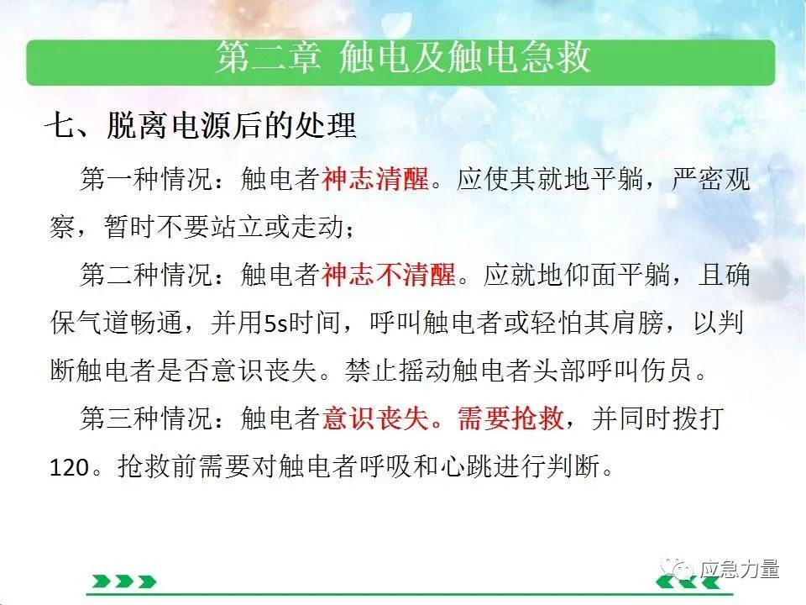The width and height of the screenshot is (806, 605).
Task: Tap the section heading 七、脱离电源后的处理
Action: [201, 125]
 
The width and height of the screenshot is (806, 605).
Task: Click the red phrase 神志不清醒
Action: [389, 274]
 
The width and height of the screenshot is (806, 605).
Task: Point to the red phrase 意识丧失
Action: [375, 418]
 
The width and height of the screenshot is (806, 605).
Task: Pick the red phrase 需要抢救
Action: [510, 418]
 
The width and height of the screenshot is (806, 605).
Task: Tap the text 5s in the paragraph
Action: [276, 323]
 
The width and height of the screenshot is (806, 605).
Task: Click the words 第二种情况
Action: [146, 274]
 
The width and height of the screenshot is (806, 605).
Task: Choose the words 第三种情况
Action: [146, 418]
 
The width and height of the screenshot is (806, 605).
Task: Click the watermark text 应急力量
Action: [739, 570]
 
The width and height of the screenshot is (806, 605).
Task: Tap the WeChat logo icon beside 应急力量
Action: [678, 569]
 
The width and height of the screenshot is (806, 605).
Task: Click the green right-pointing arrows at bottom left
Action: [124, 581]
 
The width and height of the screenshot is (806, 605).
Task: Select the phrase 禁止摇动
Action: [398, 371]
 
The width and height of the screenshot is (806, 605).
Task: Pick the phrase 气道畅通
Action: [131, 323]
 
